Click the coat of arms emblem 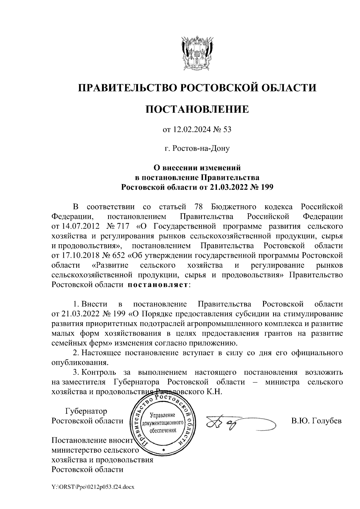coord(197,53)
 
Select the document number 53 coord(227,130)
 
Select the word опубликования coord(79,362)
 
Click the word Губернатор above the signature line coord(86,411)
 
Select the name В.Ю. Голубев coord(316,421)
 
